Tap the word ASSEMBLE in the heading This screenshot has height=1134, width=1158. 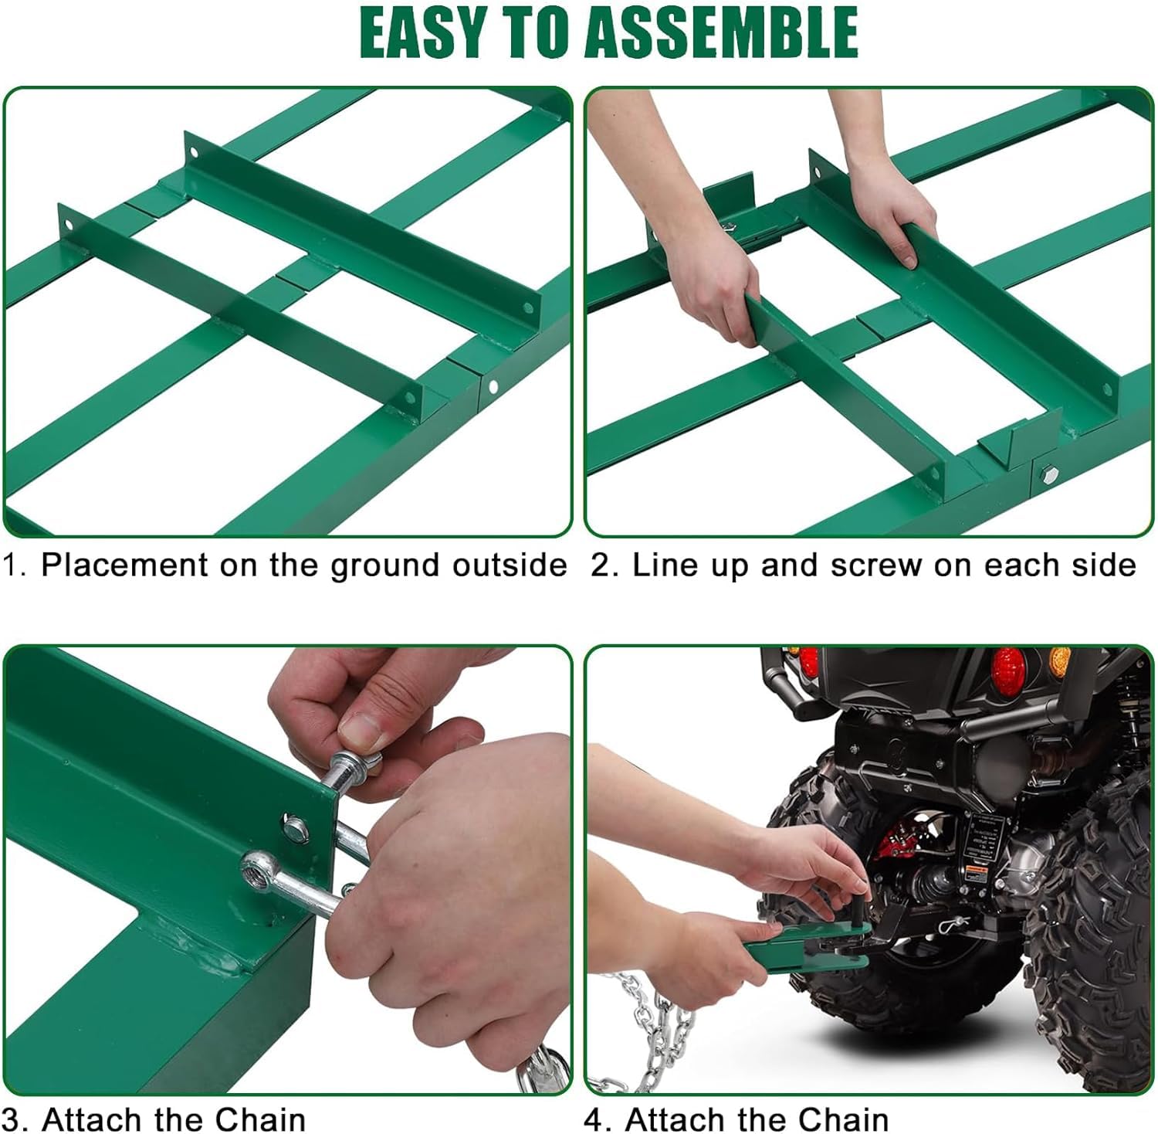[x=722, y=33]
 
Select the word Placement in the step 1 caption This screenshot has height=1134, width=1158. [x=125, y=565]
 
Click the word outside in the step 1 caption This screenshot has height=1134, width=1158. [x=510, y=565]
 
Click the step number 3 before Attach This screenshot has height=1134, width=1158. [x=12, y=1119]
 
